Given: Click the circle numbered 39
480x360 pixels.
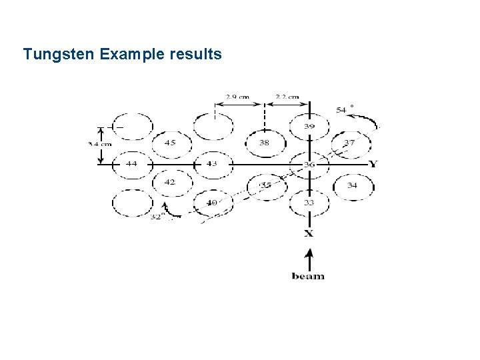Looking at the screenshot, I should (309, 127).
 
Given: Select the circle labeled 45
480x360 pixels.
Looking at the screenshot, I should (171, 143).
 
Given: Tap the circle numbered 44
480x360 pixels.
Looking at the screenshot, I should (131, 164).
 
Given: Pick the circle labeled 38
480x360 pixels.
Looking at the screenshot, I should (265, 143).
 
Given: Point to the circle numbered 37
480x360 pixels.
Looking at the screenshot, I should (349, 143).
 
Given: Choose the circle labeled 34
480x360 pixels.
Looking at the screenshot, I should (352, 185).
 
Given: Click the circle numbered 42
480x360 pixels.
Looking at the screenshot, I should (171, 182).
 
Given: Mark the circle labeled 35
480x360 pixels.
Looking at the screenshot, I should (265, 185).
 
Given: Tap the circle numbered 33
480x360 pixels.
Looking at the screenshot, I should (309, 203).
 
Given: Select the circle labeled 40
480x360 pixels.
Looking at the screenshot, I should (212, 203).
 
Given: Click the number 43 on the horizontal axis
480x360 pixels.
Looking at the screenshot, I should (211, 164).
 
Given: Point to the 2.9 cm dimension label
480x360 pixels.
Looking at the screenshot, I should (237, 97).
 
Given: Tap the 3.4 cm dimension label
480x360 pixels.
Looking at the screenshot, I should (99, 144).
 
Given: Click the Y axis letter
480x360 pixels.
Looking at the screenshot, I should (373, 164).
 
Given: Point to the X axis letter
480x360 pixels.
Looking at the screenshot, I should (309, 233).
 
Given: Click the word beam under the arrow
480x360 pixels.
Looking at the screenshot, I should (308, 276).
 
